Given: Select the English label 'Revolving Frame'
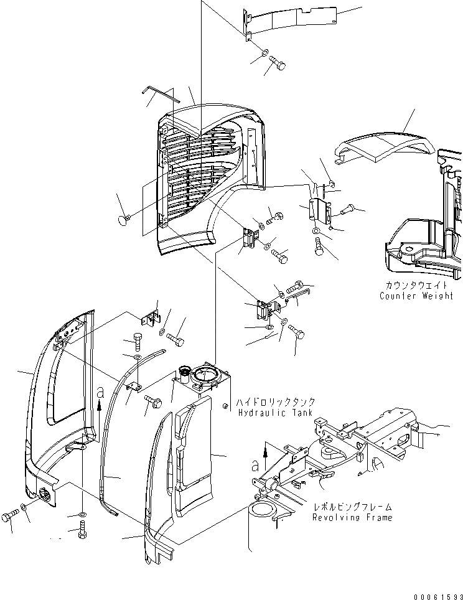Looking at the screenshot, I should point(352,518).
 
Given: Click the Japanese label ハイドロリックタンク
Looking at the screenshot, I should point(275,402).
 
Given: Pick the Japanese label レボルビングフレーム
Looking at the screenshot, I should point(352,508).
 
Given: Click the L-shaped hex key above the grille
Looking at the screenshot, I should point(159,93).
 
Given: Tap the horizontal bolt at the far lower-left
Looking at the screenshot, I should point(10,516).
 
